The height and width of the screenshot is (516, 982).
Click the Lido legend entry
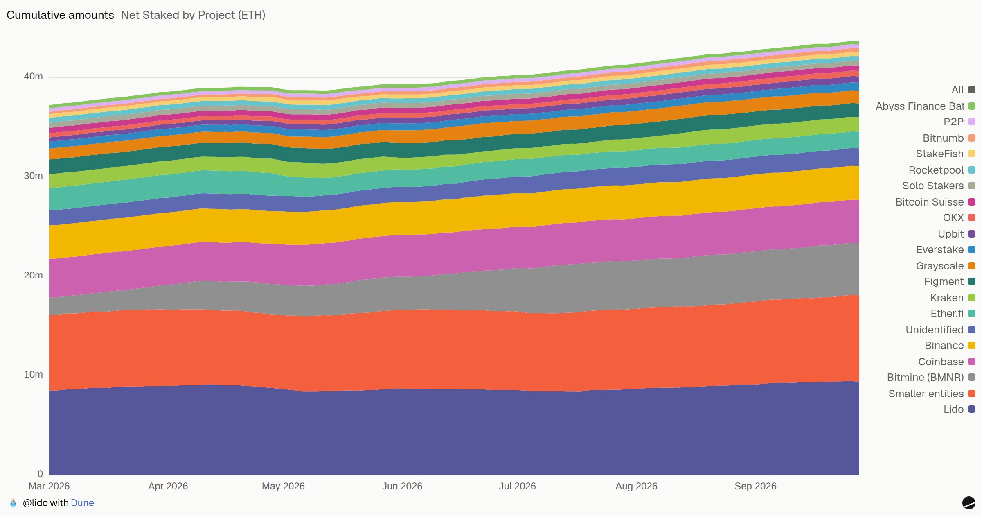coord(959,409)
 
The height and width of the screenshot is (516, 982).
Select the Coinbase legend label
coord(941,362)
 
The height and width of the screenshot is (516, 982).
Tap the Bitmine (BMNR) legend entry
coord(931,377)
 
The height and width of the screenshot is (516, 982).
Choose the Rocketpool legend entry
coord(941,170)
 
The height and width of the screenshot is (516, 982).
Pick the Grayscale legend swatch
coord(972,266)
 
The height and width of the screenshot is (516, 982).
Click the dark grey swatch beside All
coord(972,90)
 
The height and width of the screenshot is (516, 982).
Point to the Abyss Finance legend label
coord(920,106)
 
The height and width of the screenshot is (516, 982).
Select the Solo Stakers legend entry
coord(939,186)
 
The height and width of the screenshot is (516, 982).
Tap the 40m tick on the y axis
coord(33,76)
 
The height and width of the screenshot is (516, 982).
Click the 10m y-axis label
coord(33,374)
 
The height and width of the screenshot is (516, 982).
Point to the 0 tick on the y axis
coord(40,474)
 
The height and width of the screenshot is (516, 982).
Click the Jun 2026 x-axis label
coord(402,486)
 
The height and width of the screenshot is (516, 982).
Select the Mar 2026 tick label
coord(49,486)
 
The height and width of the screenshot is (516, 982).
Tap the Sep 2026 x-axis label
coord(755,486)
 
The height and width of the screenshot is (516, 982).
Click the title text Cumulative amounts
coord(60,15)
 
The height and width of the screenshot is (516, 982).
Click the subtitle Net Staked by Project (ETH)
coord(193,15)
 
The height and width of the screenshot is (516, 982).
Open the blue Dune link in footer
coord(82,503)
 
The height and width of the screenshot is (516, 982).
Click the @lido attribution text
coord(35,503)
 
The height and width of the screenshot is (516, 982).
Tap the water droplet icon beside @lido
coord(13,503)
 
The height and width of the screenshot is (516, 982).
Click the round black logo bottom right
coord(968,502)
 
